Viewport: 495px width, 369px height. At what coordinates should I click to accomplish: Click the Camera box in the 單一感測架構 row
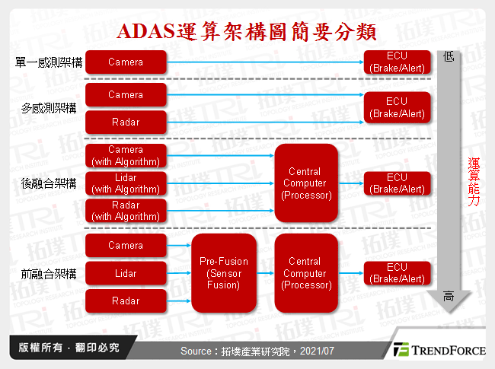tap(126, 62)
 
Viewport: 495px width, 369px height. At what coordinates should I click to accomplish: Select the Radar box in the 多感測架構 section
tap(126, 121)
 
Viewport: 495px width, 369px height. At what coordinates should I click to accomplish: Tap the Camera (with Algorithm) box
tap(126, 156)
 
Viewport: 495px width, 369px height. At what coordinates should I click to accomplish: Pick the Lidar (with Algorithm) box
tap(126, 183)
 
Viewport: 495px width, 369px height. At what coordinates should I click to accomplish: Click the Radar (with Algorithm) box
tap(126, 210)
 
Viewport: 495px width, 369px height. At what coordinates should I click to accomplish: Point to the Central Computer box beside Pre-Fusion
tap(305, 273)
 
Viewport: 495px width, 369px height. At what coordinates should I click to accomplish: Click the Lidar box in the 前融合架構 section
tap(126, 273)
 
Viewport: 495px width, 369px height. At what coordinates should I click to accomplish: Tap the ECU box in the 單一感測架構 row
tap(397, 62)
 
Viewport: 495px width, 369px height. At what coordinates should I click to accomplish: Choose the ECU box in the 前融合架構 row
tap(397, 273)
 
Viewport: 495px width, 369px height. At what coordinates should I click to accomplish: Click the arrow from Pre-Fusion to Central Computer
tap(263, 273)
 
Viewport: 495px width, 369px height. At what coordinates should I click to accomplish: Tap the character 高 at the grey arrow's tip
tap(449, 297)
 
